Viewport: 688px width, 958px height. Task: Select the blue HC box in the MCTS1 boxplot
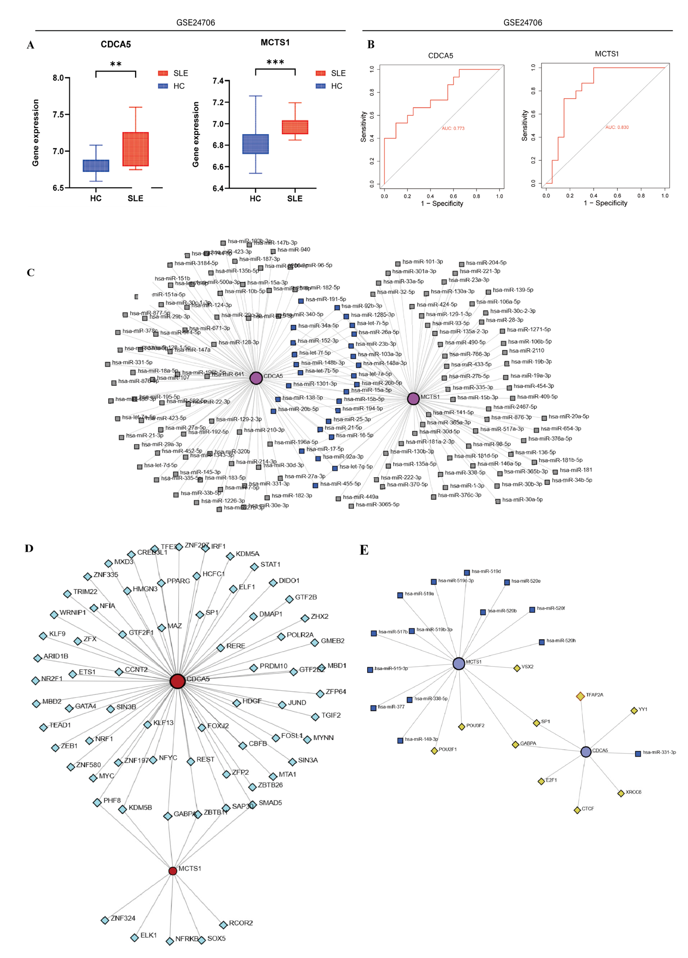click(255, 144)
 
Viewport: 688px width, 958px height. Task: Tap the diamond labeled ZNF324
click(105, 920)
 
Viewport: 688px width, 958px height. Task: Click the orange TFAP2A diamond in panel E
click(580, 696)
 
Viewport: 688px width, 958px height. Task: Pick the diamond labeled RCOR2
click(223, 925)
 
